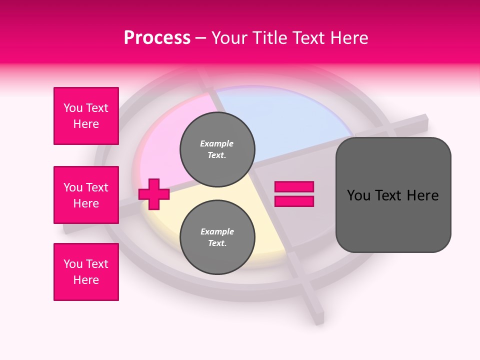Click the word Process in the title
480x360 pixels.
(157, 38)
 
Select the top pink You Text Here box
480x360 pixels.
(86, 116)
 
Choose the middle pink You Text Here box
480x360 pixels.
(86, 195)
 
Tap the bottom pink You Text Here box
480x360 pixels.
(86, 272)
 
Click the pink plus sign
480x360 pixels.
(154, 194)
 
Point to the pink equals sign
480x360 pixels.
(294, 194)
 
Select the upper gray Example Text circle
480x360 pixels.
(217, 149)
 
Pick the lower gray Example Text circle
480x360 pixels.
(217, 237)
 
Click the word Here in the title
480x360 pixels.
(349, 38)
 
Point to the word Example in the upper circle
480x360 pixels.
(216, 143)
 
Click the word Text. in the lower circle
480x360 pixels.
(217, 243)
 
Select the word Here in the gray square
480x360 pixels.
(422, 195)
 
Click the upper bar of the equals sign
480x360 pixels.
(294, 187)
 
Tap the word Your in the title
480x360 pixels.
(228, 38)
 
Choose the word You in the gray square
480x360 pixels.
(358, 195)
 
